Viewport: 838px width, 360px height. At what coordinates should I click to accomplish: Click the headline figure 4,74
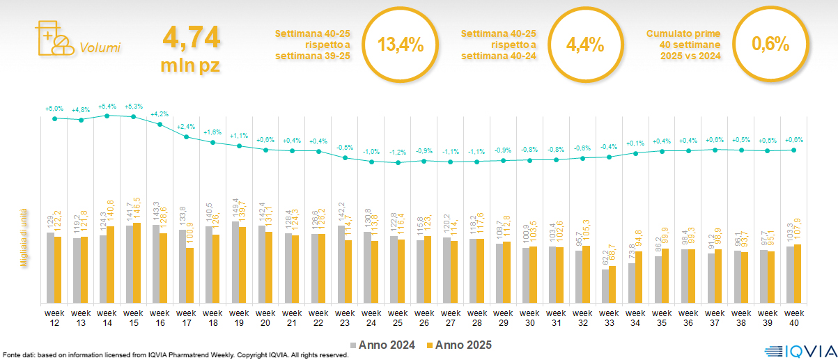click(191, 37)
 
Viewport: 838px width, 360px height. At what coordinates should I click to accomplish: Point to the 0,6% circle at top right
click(770, 45)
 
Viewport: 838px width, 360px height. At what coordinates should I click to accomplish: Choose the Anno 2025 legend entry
click(460, 345)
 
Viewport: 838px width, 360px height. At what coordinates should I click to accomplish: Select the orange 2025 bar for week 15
click(137, 263)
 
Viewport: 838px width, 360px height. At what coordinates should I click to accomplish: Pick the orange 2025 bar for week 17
click(190, 275)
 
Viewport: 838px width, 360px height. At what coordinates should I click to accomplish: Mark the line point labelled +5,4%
click(107, 116)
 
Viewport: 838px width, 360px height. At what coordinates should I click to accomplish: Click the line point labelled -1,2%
click(398, 163)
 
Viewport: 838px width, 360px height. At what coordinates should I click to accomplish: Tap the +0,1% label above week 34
click(636, 144)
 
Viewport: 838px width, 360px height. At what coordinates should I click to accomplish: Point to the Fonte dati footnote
click(175, 355)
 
